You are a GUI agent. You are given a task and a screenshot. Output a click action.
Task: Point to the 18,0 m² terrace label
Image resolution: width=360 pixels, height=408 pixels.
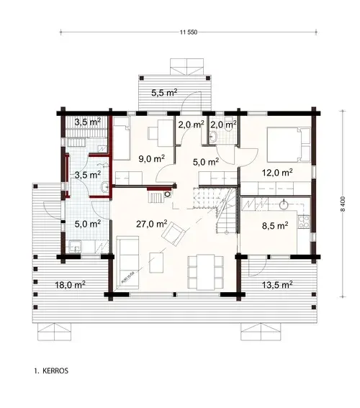(x=71, y=285)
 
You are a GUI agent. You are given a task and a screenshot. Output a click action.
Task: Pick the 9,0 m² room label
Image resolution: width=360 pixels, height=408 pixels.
(x=152, y=158)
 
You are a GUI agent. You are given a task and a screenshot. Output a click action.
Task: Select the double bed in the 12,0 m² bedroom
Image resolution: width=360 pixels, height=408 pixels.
(x=284, y=143)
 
